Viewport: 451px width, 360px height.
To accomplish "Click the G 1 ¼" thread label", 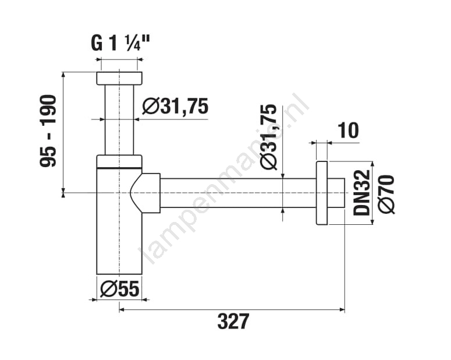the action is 120,44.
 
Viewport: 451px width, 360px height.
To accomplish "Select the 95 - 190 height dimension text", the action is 48,130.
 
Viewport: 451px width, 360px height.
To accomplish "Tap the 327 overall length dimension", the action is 233,321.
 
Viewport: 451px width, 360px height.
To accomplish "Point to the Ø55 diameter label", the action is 120,289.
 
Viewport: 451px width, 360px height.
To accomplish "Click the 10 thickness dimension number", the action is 349,130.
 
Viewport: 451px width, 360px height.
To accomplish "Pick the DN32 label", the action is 361,192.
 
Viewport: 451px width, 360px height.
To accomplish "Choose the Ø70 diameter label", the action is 386,194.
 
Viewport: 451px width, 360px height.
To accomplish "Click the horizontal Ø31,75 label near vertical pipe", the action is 175,106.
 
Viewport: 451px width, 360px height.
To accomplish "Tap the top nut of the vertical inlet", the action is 119,78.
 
